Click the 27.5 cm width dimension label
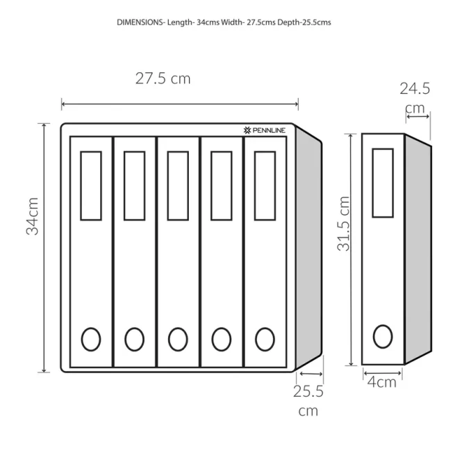pyautogui.click(x=163, y=78)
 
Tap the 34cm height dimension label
pyautogui.click(x=33, y=215)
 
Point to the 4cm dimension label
pyautogui.click(x=382, y=381)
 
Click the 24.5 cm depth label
pyautogui.click(x=415, y=98)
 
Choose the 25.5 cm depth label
pyautogui.click(x=308, y=401)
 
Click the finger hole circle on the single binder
pyautogui.click(x=383, y=336)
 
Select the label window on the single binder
pyautogui.click(x=383, y=183)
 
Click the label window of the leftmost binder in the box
pyautogui.click(x=91, y=185)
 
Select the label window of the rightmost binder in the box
pyautogui.click(x=265, y=185)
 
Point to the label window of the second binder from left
pyautogui.click(x=134, y=185)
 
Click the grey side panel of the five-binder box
pyautogui.click(x=308, y=250)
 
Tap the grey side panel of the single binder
pyautogui.click(x=417, y=250)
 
